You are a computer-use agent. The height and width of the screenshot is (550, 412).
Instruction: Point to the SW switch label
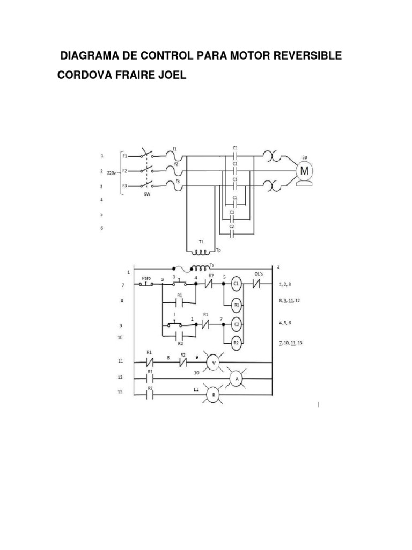pyautogui.click(x=146, y=196)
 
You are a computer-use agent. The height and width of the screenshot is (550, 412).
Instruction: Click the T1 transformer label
pyautogui.click(x=201, y=242)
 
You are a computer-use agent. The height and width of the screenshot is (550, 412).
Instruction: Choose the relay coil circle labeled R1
pyautogui.click(x=236, y=304)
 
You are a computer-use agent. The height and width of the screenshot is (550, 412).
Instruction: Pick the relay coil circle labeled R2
pyautogui.click(x=236, y=342)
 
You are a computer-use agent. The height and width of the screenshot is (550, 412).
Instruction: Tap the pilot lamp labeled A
pyautogui.click(x=236, y=379)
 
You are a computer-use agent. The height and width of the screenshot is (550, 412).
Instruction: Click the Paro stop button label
pyautogui.click(x=145, y=278)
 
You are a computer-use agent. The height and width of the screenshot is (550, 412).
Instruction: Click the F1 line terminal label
pyautogui.click(x=124, y=156)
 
